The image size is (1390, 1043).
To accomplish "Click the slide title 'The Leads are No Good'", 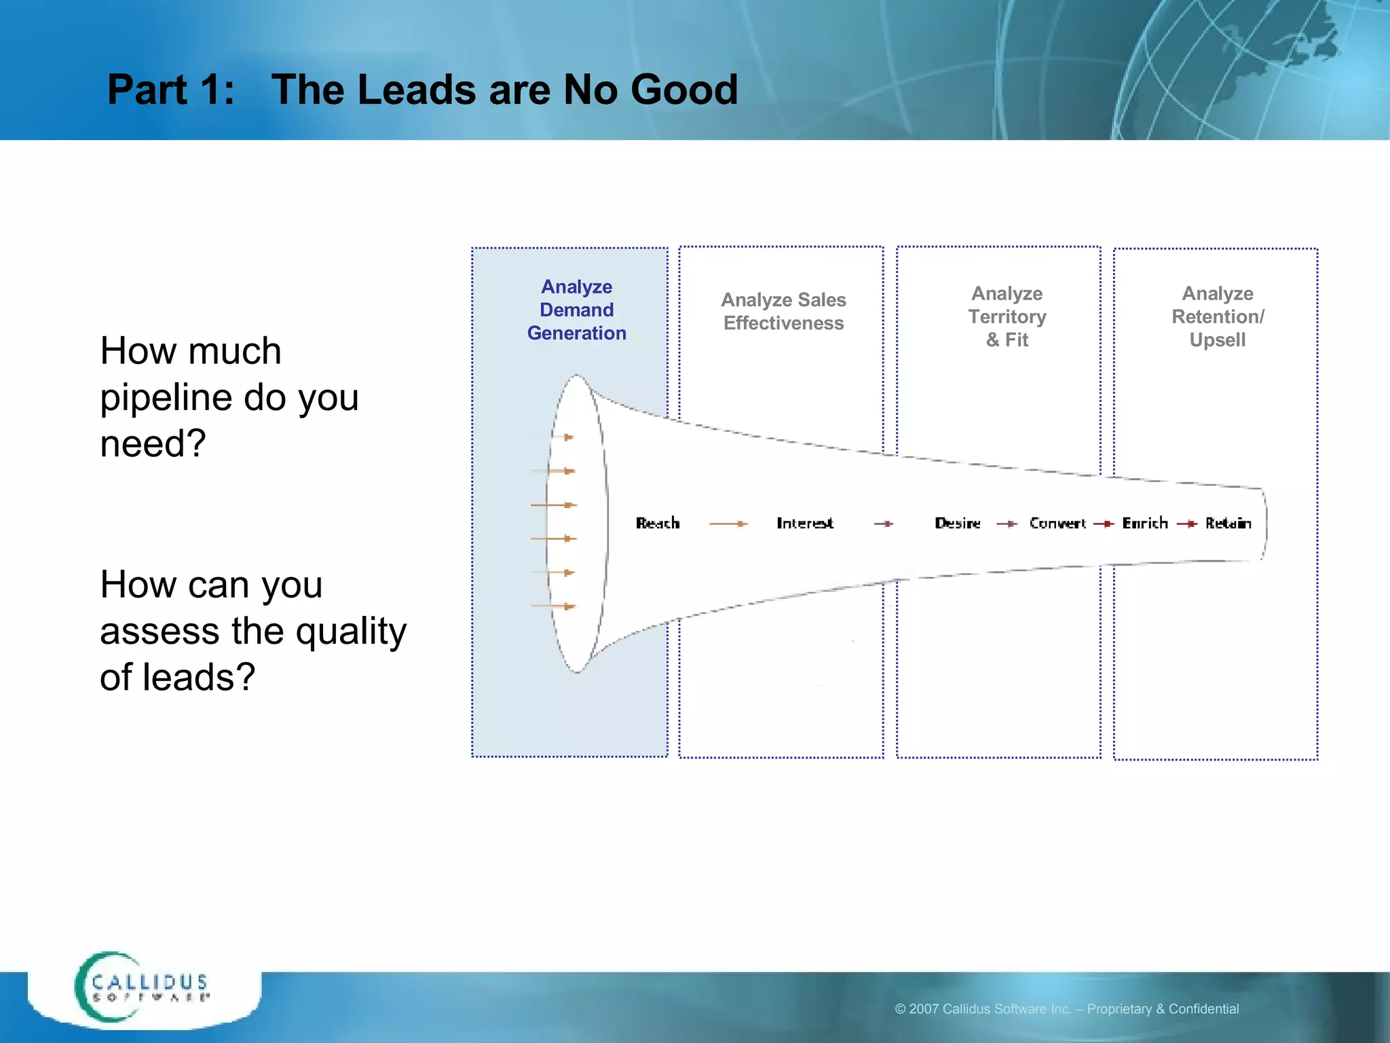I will coord(504,90).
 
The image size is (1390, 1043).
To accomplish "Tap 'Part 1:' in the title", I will coord(171,90).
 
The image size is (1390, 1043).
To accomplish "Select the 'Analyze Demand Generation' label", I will coord(576,310).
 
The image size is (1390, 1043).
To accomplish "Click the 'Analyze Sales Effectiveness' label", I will coord(783,311).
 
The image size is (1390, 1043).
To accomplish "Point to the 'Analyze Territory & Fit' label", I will coord(1007,316).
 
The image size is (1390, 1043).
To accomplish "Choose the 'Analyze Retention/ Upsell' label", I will coord(1218,316).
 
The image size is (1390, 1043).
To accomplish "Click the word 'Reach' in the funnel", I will coord(657,523).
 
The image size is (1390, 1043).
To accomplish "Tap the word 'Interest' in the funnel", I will coord(804,523).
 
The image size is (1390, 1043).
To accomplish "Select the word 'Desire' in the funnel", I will coord(957,523).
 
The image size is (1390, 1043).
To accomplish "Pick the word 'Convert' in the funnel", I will coord(1057,523).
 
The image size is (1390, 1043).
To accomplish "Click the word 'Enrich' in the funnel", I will coord(1144,523).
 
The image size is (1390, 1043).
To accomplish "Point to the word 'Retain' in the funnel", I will coord(1228,523).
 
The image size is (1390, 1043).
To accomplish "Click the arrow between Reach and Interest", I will coord(728,524).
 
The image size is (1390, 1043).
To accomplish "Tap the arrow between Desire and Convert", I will coord(1007,524).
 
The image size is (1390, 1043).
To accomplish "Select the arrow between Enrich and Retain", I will coord(1186,524).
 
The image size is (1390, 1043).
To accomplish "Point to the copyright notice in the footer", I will coord(1066,1009).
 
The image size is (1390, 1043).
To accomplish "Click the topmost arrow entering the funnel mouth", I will coord(564,437).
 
